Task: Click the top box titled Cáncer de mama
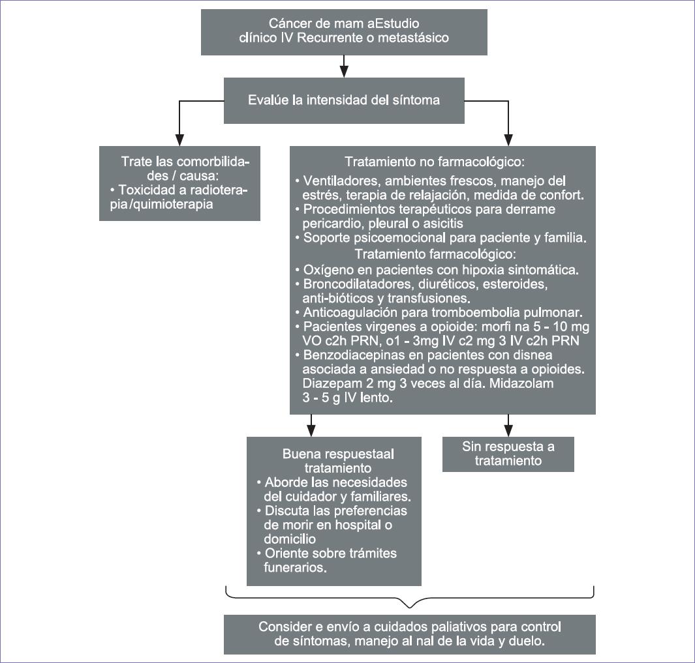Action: coord(344,31)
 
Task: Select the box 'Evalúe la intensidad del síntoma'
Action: coord(344,100)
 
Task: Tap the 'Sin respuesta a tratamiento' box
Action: coord(508,454)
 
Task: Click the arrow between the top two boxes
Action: coord(344,66)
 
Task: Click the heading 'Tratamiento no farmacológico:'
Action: coord(435,161)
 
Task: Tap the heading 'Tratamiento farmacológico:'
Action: coord(435,253)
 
